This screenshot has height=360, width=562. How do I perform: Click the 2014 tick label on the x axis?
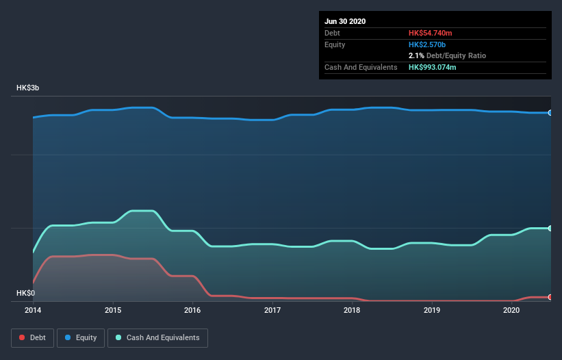(33, 310)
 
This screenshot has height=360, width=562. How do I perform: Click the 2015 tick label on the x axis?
(113, 310)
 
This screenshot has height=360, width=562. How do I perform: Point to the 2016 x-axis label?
(192, 310)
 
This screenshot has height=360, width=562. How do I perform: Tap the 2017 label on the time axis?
(272, 310)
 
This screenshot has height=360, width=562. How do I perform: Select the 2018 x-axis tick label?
(352, 310)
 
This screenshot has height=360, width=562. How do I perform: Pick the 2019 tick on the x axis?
(432, 310)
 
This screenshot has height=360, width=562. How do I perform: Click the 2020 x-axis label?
(511, 310)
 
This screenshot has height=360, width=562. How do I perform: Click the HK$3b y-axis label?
(28, 88)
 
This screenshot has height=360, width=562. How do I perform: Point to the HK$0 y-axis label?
(25, 293)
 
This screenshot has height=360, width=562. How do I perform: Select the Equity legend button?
(81, 337)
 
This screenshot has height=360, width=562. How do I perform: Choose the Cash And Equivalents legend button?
(157, 337)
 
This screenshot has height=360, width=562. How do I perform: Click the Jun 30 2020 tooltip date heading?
(345, 21)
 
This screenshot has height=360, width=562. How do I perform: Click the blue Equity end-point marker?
(550, 112)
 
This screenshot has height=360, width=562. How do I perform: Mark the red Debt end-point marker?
(550, 297)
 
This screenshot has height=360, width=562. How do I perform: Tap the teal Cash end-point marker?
(550, 228)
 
